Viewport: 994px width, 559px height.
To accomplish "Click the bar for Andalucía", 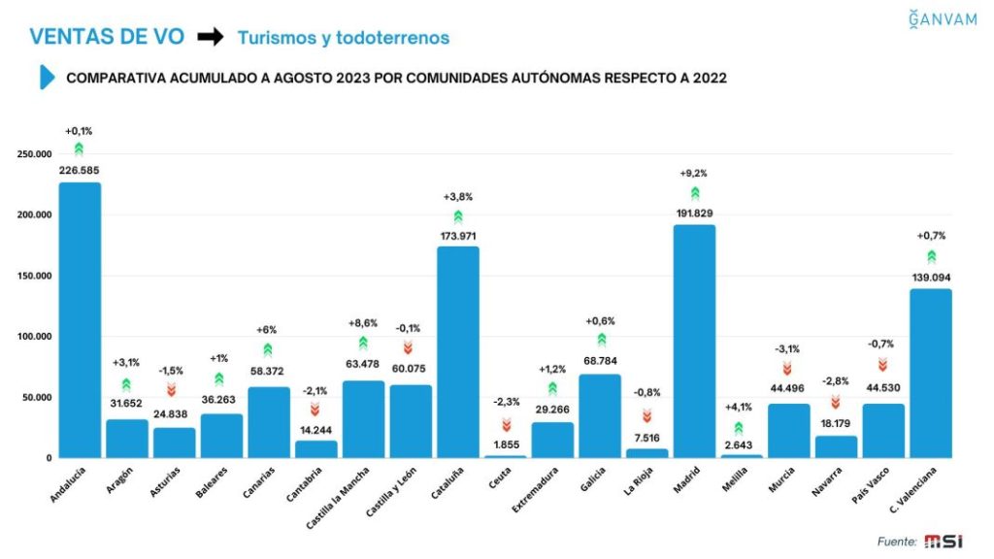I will (x=80, y=319).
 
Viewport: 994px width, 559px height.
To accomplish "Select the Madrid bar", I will (x=694, y=341).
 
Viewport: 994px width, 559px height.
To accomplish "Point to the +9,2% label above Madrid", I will (x=694, y=173).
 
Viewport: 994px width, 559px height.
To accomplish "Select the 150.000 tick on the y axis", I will (x=34, y=276).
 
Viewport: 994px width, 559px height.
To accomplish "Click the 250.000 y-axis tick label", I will (x=34, y=154).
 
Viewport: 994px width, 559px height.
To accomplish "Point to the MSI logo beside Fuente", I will (x=942, y=542).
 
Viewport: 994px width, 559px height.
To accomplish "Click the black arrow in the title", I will (x=210, y=37).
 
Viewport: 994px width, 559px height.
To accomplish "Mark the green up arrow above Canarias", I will (x=268, y=349).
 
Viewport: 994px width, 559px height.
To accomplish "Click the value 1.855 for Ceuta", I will (x=505, y=444).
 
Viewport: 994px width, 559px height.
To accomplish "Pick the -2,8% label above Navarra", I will (x=836, y=380).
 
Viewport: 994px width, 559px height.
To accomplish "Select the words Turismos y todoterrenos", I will (x=343, y=38).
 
